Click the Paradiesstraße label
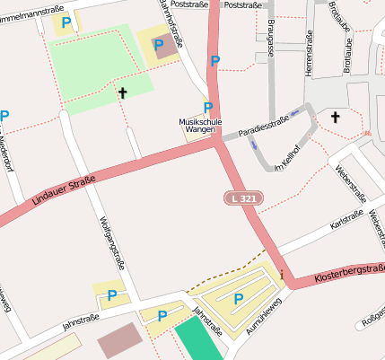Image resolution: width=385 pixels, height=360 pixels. point(264,119)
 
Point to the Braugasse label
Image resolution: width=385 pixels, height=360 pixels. point(271,40)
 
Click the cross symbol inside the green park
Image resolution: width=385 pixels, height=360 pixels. point(122,92)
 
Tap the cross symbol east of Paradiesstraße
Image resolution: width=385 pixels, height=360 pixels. point(336,117)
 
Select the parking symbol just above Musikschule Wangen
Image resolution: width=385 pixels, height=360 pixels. point(208,108)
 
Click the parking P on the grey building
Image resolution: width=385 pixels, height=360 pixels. point(160,45)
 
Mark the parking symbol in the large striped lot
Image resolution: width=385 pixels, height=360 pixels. point(238,299)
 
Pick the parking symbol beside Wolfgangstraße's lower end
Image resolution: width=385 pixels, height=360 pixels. point(112,294)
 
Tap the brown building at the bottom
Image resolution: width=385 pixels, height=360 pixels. point(119,340)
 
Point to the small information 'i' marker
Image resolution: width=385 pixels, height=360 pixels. point(283,274)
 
